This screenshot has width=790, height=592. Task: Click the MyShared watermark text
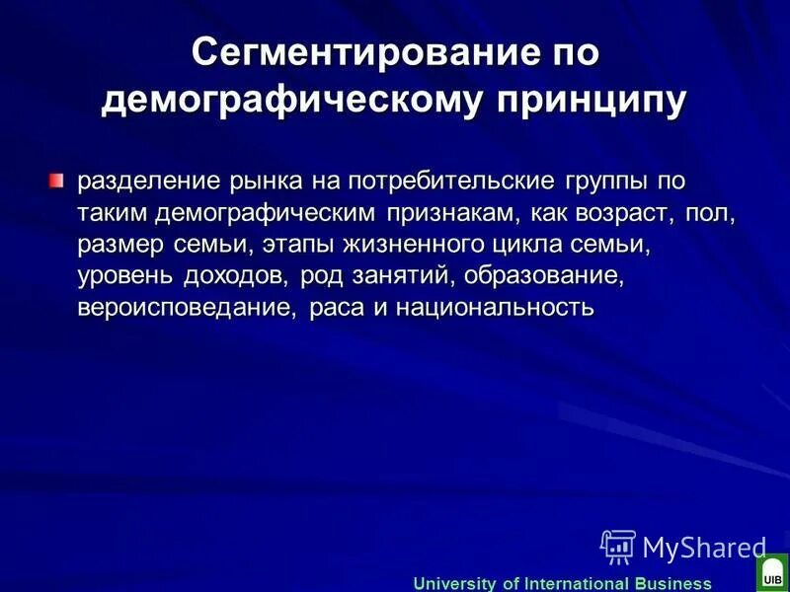[703, 547]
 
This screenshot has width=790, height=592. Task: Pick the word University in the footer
[455, 583]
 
